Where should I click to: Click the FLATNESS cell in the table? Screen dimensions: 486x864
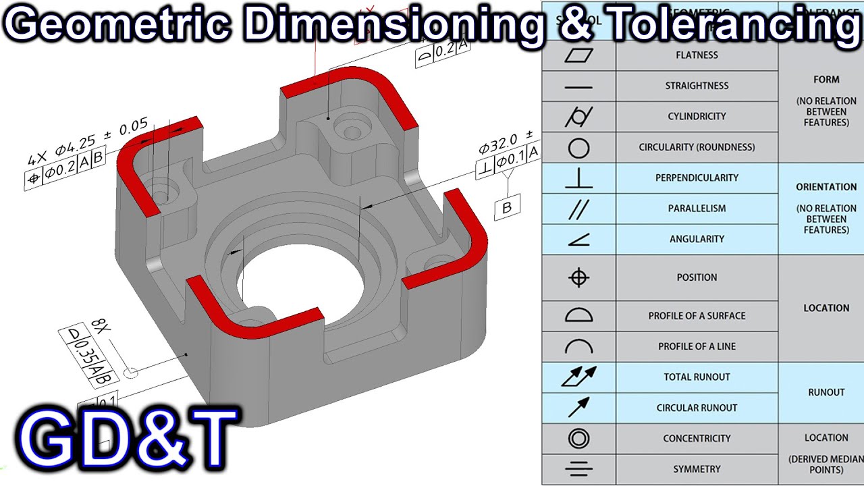point(697,55)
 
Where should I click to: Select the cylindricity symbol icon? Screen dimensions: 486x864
point(578,117)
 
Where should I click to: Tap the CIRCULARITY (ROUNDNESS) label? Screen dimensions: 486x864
point(697,147)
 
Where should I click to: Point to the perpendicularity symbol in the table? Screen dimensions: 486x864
point(578,178)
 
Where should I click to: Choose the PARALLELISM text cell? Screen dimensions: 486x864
point(697,209)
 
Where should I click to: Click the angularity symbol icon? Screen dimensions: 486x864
point(578,239)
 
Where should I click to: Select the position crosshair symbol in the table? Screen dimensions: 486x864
point(578,277)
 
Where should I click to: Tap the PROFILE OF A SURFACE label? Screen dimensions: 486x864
point(697,315)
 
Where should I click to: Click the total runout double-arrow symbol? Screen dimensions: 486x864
point(578,377)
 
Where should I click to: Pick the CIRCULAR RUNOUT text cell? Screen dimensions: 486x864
point(697,408)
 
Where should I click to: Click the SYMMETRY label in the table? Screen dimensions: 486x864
point(697,469)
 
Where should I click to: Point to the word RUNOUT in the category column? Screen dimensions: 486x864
point(826,392)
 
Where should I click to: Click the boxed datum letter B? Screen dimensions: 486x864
point(507,209)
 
